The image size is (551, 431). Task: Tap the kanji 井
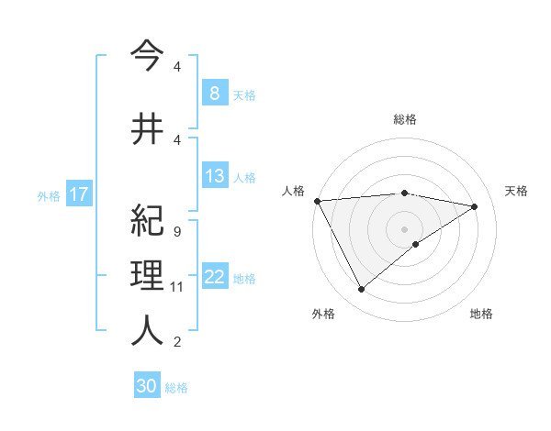(x=147, y=129)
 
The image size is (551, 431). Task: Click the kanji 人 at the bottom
(x=147, y=329)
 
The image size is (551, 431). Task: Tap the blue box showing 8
(x=214, y=94)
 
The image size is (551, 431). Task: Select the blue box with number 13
(x=214, y=176)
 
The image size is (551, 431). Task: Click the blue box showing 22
(x=214, y=277)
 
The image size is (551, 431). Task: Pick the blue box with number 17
(x=79, y=194)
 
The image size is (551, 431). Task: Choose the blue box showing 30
(x=147, y=386)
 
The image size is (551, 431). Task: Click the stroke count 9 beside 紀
(x=176, y=232)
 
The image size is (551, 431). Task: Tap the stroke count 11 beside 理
(x=177, y=287)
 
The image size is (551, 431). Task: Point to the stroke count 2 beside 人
(x=176, y=342)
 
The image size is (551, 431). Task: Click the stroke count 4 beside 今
(x=176, y=68)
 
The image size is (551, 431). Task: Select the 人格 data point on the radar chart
(x=317, y=201)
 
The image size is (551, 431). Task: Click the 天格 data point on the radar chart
(x=475, y=206)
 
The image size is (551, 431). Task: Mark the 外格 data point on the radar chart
(x=361, y=290)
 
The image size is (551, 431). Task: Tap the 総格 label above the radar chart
(x=405, y=119)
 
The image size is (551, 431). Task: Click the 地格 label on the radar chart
(x=481, y=314)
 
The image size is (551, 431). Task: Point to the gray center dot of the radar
(x=404, y=228)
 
